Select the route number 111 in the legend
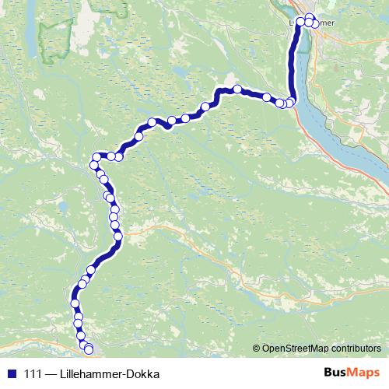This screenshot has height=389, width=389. [34, 373]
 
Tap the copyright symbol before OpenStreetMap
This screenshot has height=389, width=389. [258, 349]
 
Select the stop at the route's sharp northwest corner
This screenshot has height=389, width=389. [96, 156]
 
